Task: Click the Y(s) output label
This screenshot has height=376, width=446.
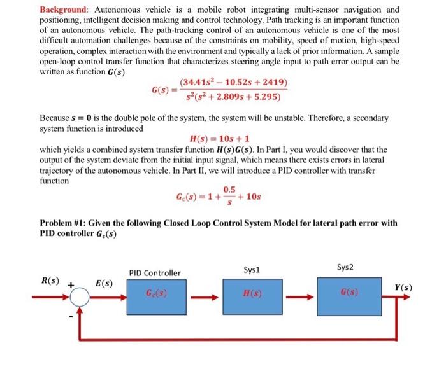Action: [401, 288]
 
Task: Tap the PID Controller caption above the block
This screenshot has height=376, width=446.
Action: [155, 273]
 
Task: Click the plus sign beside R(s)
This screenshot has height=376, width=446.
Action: [70, 286]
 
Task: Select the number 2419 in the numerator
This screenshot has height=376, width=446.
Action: [273, 83]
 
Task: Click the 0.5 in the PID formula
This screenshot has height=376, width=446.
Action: [229, 189]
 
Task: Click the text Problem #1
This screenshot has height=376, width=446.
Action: [64, 223]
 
